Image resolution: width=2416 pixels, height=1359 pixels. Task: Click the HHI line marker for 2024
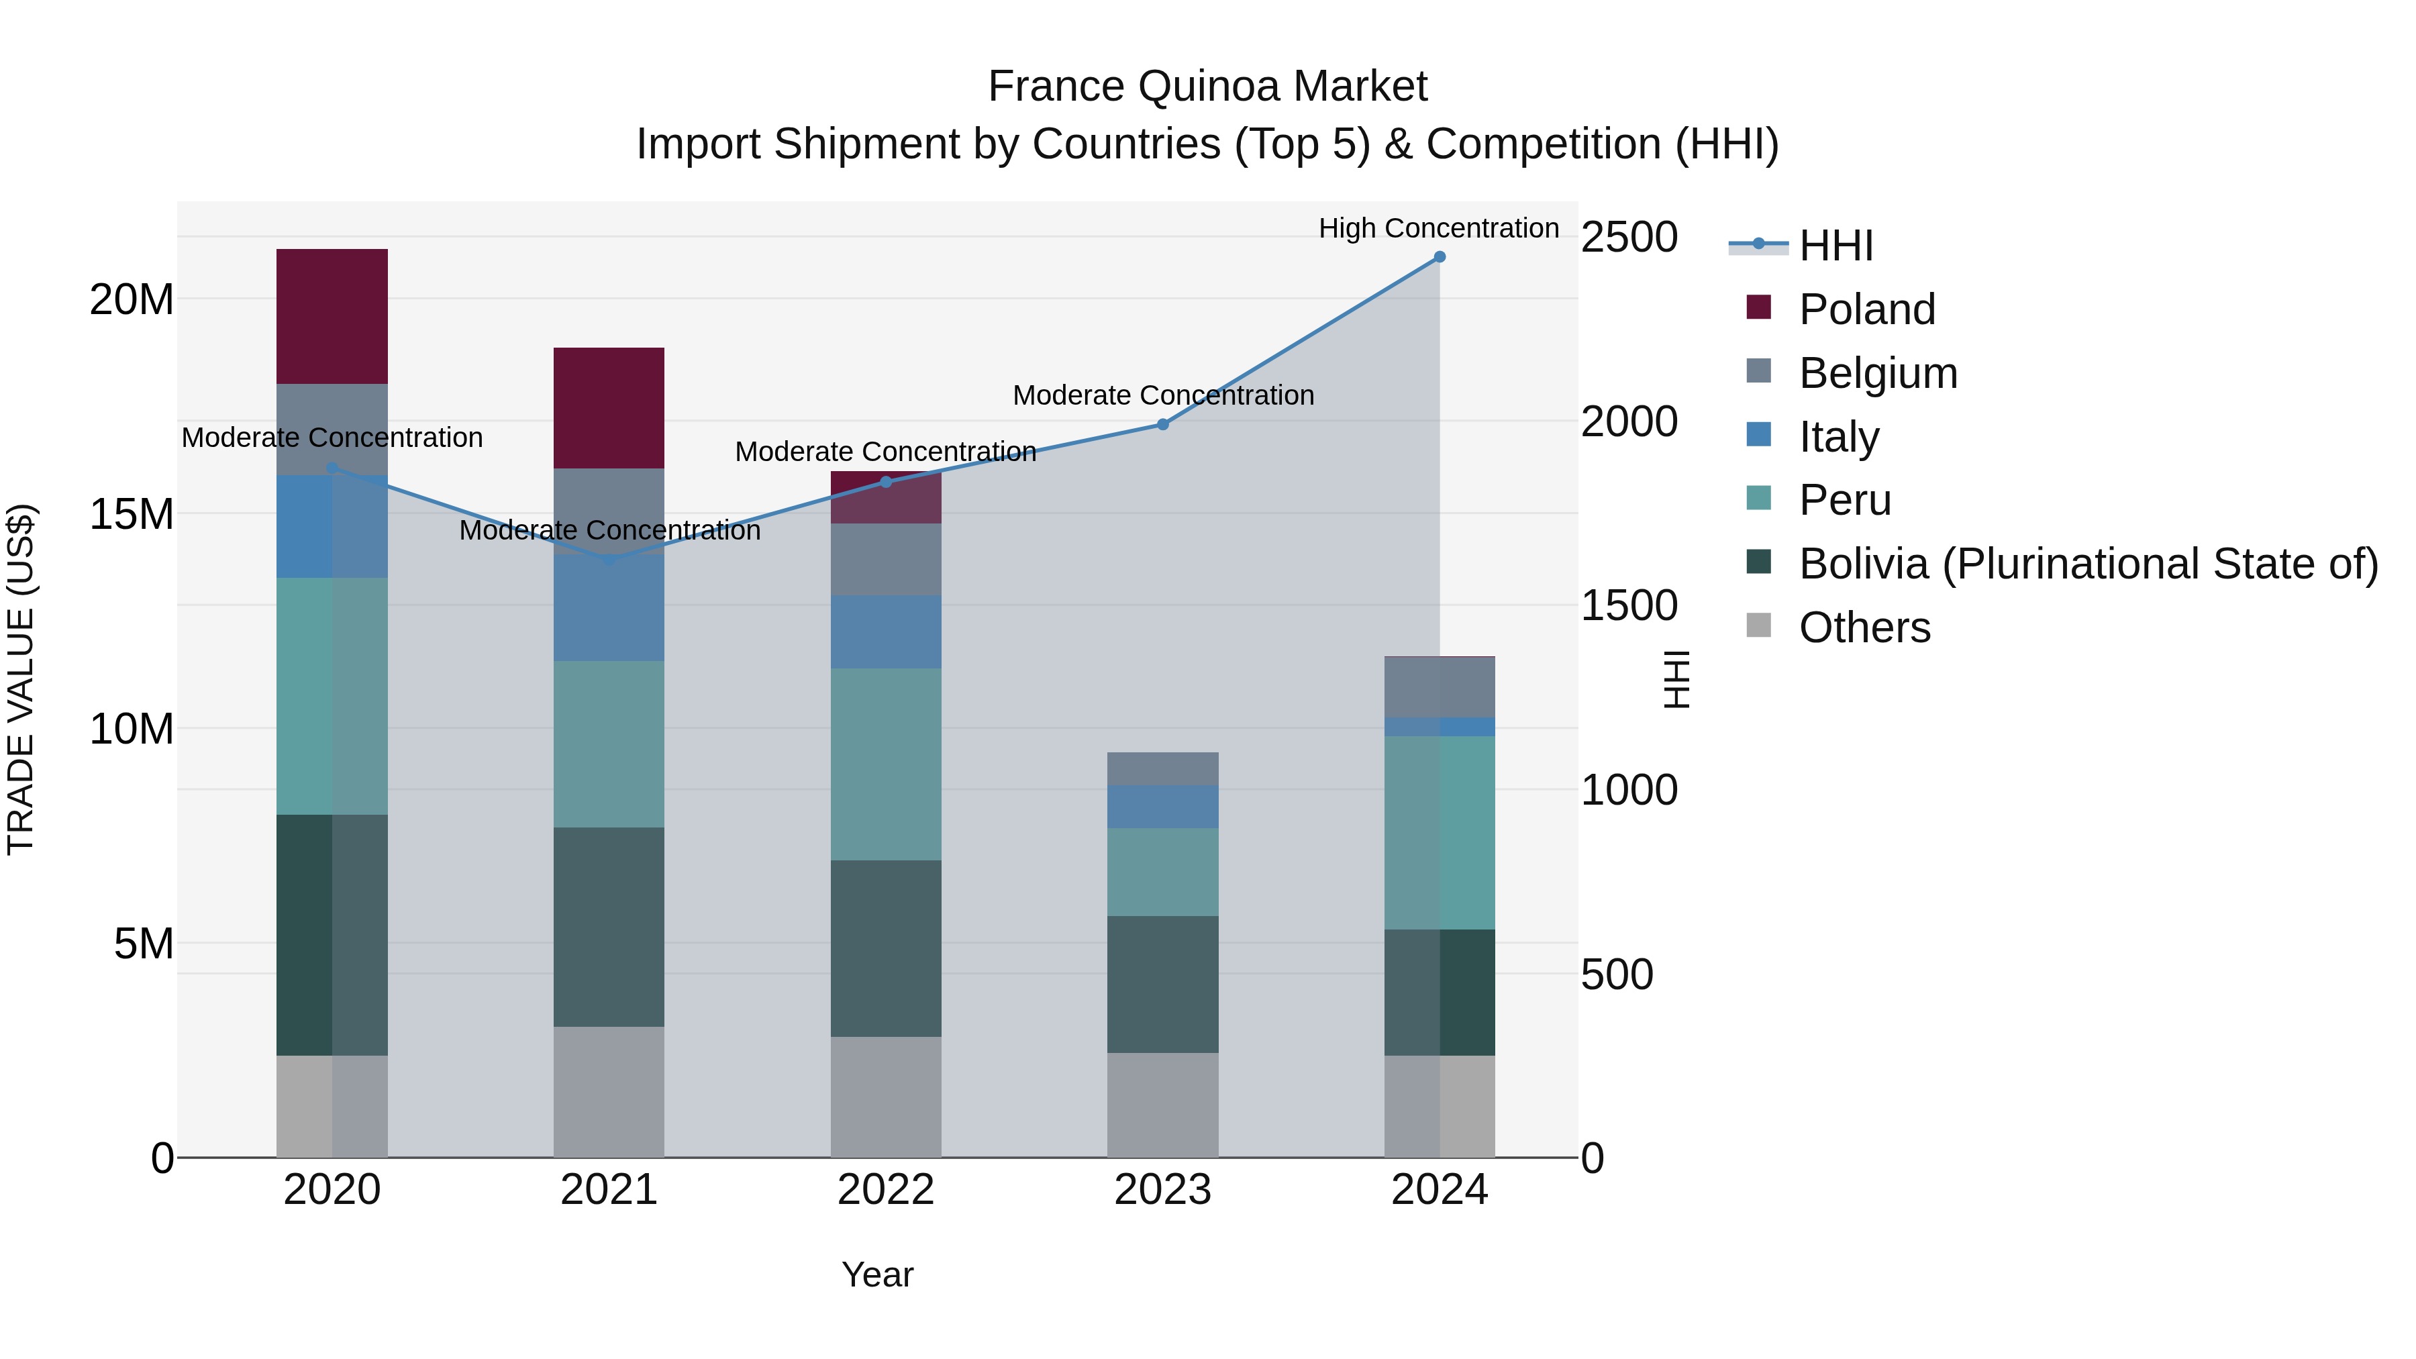tap(1440, 257)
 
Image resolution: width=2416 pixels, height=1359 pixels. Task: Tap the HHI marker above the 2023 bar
tap(1163, 424)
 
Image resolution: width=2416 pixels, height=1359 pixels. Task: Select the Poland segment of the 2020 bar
tap(332, 316)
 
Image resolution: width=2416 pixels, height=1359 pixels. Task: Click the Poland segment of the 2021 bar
tap(609, 408)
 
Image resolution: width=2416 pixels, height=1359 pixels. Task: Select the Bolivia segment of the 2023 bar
tap(1163, 984)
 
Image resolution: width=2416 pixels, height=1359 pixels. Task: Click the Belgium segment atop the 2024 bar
tap(1440, 687)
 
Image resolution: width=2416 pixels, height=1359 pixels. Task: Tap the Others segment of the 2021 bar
tap(609, 1092)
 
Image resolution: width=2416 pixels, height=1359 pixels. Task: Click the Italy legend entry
tap(1838, 437)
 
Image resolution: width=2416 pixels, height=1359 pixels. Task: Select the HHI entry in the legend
tap(1835, 246)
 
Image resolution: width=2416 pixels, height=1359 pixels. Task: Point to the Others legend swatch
tap(1758, 625)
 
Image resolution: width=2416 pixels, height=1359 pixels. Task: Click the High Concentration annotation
tap(1439, 228)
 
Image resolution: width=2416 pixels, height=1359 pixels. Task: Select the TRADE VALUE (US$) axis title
tap(21, 679)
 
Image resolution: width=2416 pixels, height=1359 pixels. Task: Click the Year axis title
tap(877, 1274)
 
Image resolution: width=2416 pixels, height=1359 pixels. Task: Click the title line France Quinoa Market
tap(1207, 87)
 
